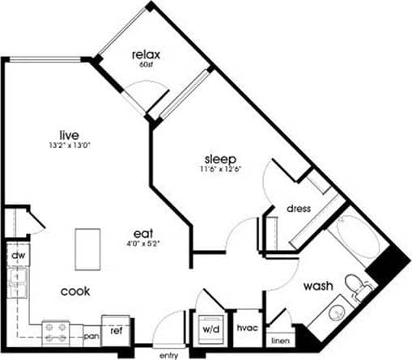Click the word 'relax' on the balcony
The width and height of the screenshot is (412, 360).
pos(147,55)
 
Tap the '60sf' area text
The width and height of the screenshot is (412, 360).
pos(147,65)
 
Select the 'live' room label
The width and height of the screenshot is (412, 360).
pos(67,134)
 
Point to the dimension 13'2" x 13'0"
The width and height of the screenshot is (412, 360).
pos(67,146)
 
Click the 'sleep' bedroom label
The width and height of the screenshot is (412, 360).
pos(218,158)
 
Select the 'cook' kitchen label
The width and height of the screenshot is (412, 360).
pos(74,290)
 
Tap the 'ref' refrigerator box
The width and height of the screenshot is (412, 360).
pos(117,330)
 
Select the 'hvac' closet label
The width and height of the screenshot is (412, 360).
pos(246,329)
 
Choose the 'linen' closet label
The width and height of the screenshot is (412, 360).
pos(280,340)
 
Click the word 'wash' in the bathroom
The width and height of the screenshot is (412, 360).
pos(318,286)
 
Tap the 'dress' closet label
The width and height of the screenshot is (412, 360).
pos(299,209)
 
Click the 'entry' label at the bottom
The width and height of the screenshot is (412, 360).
pos(169,354)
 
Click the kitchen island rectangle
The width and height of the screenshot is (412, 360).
pos(88,249)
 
